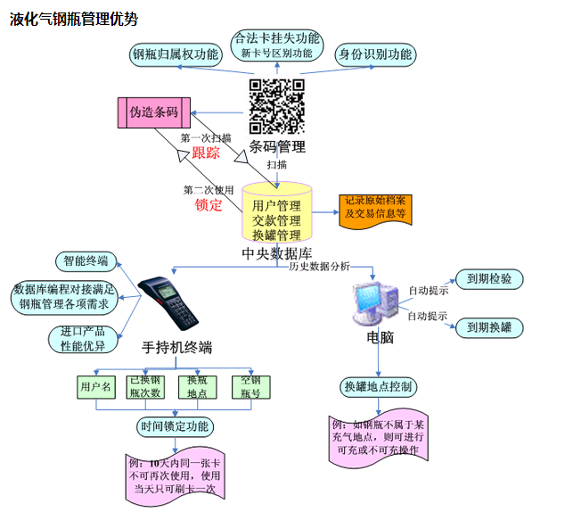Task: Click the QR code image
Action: coord(278,106)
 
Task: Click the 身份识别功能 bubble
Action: coord(374,54)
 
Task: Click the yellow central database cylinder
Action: coord(276,214)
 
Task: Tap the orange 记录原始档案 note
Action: coord(375,208)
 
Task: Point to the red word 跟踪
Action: coord(206,153)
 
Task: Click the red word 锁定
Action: coord(208,205)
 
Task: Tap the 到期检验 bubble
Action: coord(489,279)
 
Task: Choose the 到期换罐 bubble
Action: coord(489,327)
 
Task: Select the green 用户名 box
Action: coord(95,387)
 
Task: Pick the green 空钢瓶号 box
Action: coord(251,386)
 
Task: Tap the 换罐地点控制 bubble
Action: coord(379,386)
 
